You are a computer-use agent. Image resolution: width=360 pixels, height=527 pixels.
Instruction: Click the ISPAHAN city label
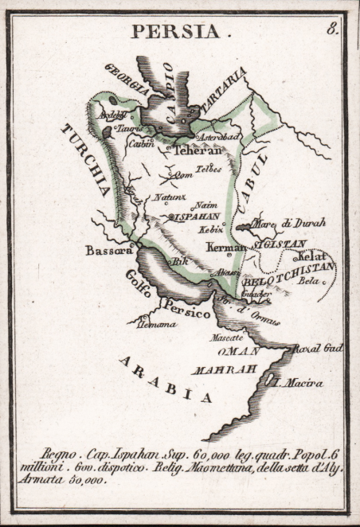(x=198, y=216)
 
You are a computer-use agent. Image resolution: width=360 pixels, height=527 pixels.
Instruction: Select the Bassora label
(x=108, y=250)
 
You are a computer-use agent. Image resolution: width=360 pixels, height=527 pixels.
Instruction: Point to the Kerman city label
(x=225, y=248)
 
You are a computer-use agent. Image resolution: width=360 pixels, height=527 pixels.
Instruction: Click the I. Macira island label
(x=298, y=382)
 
